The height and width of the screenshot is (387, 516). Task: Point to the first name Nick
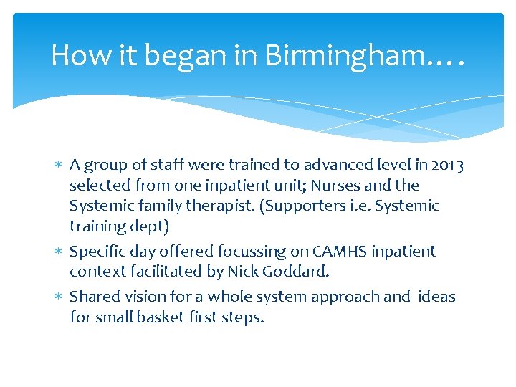(241, 272)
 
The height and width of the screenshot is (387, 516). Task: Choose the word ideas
(435, 297)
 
